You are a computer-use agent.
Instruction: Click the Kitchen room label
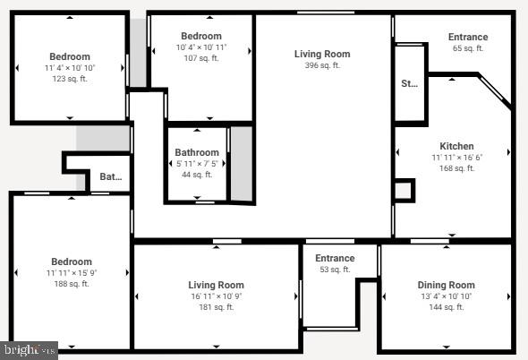point(456,146)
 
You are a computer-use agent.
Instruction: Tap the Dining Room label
point(447,285)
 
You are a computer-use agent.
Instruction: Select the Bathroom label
point(197,152)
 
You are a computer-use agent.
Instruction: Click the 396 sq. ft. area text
point(322,65)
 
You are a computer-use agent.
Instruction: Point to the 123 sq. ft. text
point(70,79)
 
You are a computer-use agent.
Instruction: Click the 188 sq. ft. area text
point(71,284)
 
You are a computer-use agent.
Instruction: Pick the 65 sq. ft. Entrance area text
point(468,48)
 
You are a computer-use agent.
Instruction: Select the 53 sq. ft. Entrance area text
point(335,270)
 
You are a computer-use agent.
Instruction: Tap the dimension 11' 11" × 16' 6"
point(456,158)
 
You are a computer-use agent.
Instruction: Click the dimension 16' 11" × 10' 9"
point(217,296)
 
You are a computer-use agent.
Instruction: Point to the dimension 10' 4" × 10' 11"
point(201,47)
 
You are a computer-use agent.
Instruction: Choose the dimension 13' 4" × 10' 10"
point(447,296)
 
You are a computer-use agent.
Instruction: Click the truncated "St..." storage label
point(409,83)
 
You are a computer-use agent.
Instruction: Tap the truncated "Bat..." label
point(110,177)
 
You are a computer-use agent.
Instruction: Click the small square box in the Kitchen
point(404,190)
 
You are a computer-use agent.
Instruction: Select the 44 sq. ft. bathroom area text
point(197,175)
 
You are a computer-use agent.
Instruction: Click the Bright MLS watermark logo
point(29,349)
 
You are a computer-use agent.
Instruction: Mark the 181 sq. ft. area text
point(217,307)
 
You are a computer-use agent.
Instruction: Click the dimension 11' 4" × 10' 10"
point(70,68)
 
